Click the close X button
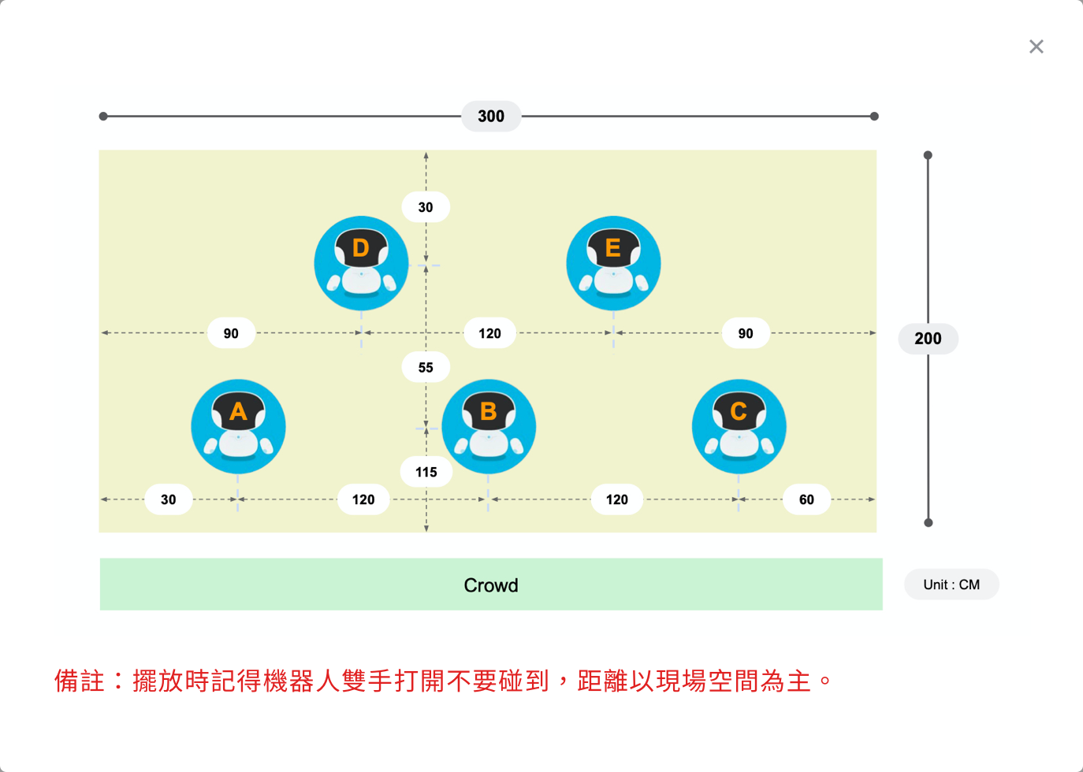point(1036,46)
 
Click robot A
point(238,427)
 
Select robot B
point(489,427)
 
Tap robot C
point(739,427)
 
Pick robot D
point(361,263)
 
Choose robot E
point(613,263)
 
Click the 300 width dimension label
point(491,116)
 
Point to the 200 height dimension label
point(929,338)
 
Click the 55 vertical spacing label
point(426,367)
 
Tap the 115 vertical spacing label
point(426,472)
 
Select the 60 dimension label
point(806,499)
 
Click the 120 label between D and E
point(489,333)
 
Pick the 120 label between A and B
point(363,499)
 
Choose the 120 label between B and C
point(617,499)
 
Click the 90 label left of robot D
point(231,333)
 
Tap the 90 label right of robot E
point(746,333)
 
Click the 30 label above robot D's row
point(426,206)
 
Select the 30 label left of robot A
point(168,499)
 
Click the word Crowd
point(491,585)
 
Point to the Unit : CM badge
point(951,585)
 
